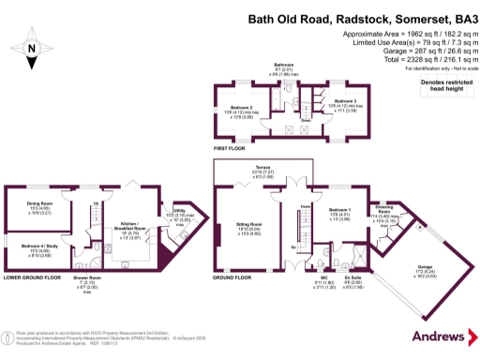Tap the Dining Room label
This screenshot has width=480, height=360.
coord(38,205)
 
